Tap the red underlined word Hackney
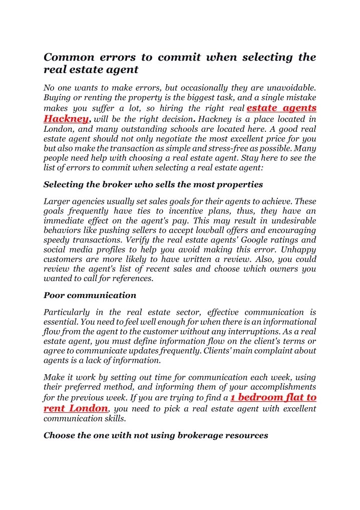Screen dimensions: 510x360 (66, 119)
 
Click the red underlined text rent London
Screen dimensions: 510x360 (76, 408)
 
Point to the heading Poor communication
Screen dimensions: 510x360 (90, 295)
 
